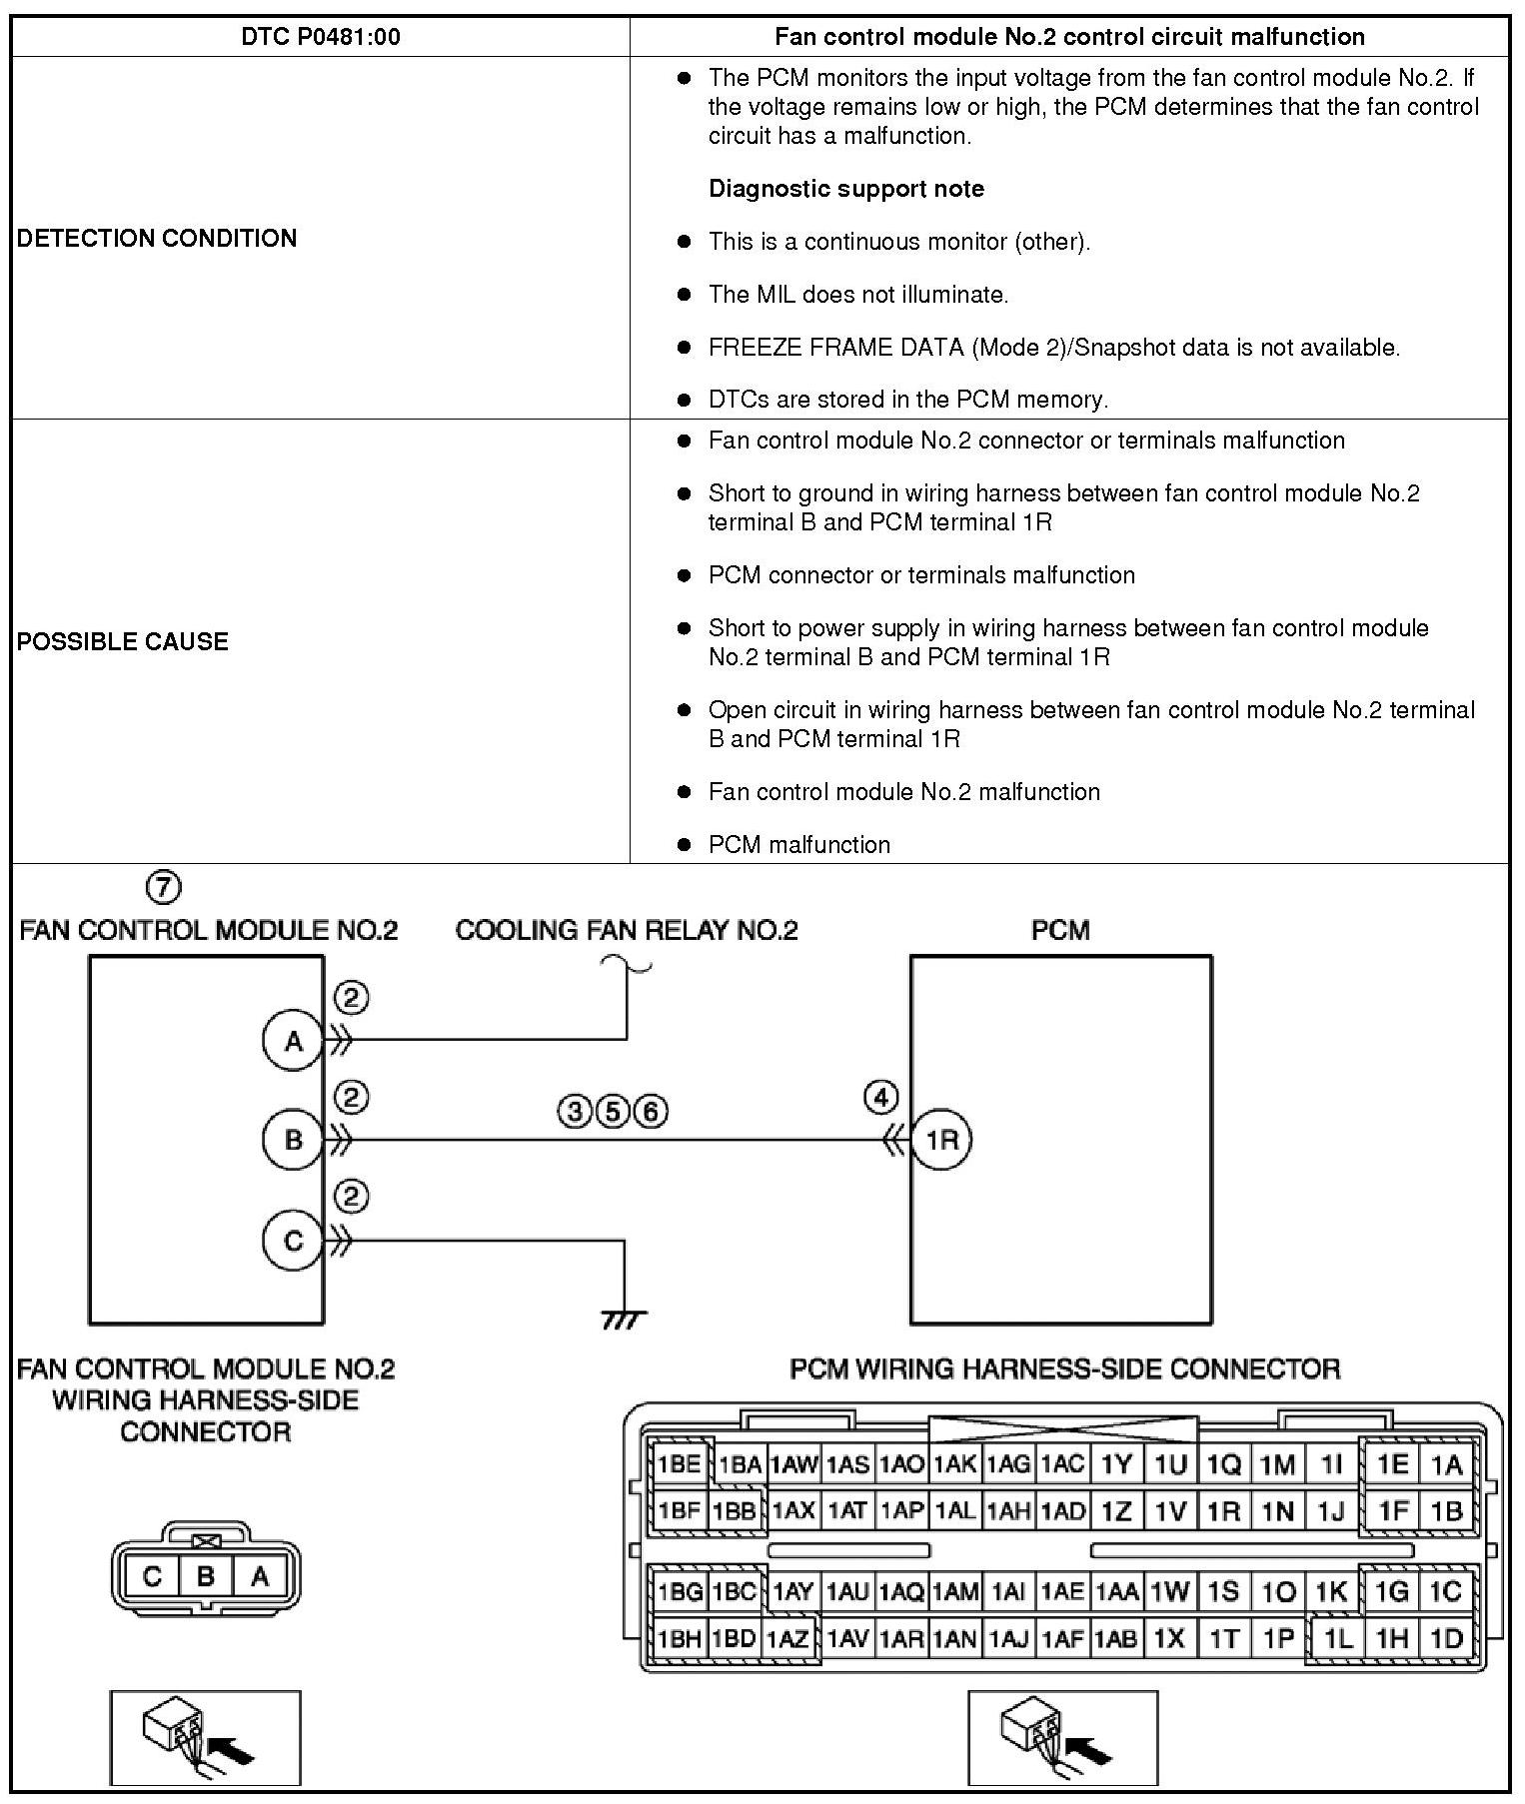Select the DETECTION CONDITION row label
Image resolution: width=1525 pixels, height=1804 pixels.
[157, 238]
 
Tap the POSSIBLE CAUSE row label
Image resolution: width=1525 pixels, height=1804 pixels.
[122, 641]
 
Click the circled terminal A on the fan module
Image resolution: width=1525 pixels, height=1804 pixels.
[293, 1041]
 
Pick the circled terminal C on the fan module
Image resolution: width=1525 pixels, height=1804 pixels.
[293, 1241]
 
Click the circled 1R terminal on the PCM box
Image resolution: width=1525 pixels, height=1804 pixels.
[941, 1140]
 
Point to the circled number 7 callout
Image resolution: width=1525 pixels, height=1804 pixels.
[164, 886]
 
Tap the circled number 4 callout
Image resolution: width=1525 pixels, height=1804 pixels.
[880, 1098]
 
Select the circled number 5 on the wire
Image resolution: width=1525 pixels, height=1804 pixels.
[613, 1111]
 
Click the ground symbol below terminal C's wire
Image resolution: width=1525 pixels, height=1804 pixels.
[625, 1320]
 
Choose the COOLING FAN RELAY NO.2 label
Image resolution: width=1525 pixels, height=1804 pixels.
[627, 930]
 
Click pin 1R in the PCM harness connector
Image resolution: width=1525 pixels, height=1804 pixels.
[1223, 1510]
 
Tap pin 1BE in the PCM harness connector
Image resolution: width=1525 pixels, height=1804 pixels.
[679, 1464]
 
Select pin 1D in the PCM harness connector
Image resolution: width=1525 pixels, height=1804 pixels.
[1446, 1638]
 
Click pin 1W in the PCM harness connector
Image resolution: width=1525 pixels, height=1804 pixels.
[1168, 1591]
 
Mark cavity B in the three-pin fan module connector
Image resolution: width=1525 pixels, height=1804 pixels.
[206, 1576]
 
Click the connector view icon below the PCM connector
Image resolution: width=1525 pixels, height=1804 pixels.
[1062, 1737]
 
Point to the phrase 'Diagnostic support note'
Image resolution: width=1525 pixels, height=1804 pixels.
[845, 189]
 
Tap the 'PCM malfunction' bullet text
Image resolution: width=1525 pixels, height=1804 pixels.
[798, 845]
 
